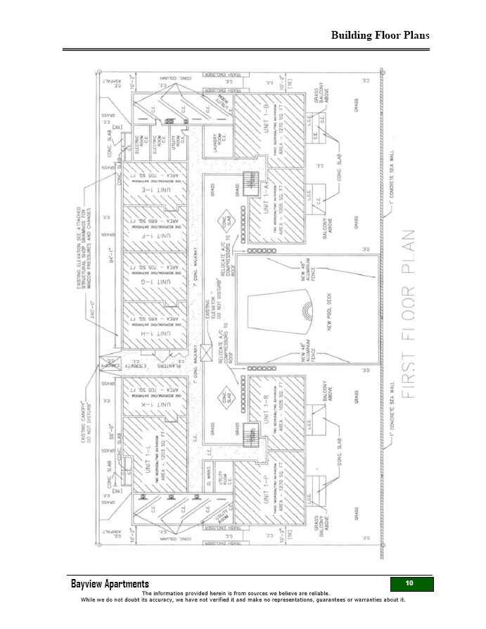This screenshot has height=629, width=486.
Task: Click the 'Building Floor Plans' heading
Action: pyautogui.click(x=380, y=35)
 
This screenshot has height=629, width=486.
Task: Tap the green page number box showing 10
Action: pyautogui.click(x=411, y=584)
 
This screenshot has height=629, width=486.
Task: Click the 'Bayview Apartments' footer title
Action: pyautogui.click(x=110, y=585)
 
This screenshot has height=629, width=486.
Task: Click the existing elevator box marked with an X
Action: pyautogui.click(x=207, y=350)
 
